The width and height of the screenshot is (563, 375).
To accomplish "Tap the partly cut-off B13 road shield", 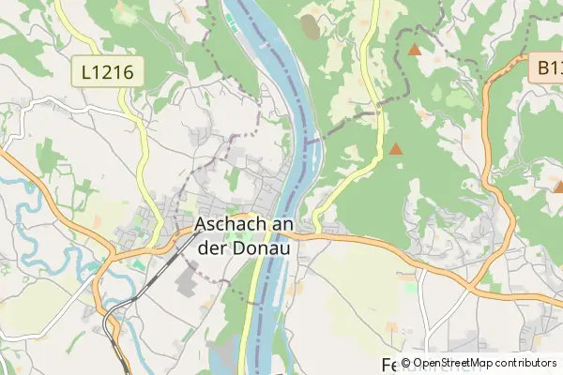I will coord(549,67).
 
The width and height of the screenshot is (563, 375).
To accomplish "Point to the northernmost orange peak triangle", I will coord(415,49).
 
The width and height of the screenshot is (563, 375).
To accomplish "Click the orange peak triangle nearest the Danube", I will coord(396,148).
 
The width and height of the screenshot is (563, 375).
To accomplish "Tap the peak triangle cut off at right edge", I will coord(558,187).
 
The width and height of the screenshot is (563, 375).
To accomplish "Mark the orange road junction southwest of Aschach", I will coord(112,253).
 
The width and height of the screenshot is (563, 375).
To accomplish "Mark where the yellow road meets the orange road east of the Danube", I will coord(318,232).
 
